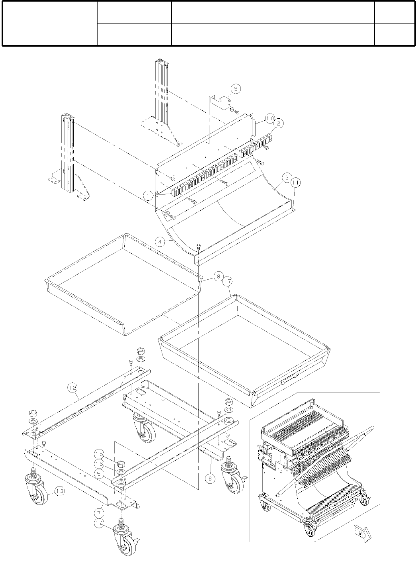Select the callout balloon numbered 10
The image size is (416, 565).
coord(270,118)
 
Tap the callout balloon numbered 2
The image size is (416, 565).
coord(278,124)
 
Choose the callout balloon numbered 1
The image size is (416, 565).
coord(148,195)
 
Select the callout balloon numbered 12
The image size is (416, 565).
coord(72,386)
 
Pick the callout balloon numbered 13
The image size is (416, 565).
coord(59,492)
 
